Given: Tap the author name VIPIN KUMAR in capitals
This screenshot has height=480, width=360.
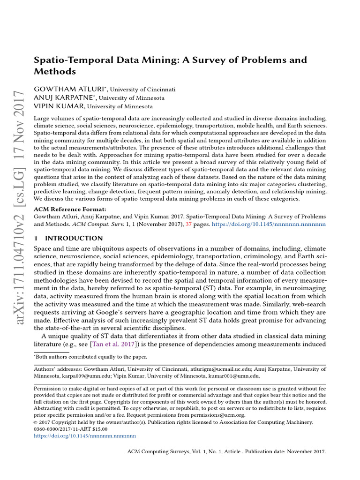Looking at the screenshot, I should click(56, 106).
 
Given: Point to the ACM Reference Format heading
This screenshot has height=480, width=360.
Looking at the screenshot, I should click(70, 209).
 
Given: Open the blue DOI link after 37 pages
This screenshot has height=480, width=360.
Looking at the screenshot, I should click(269, 225).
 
